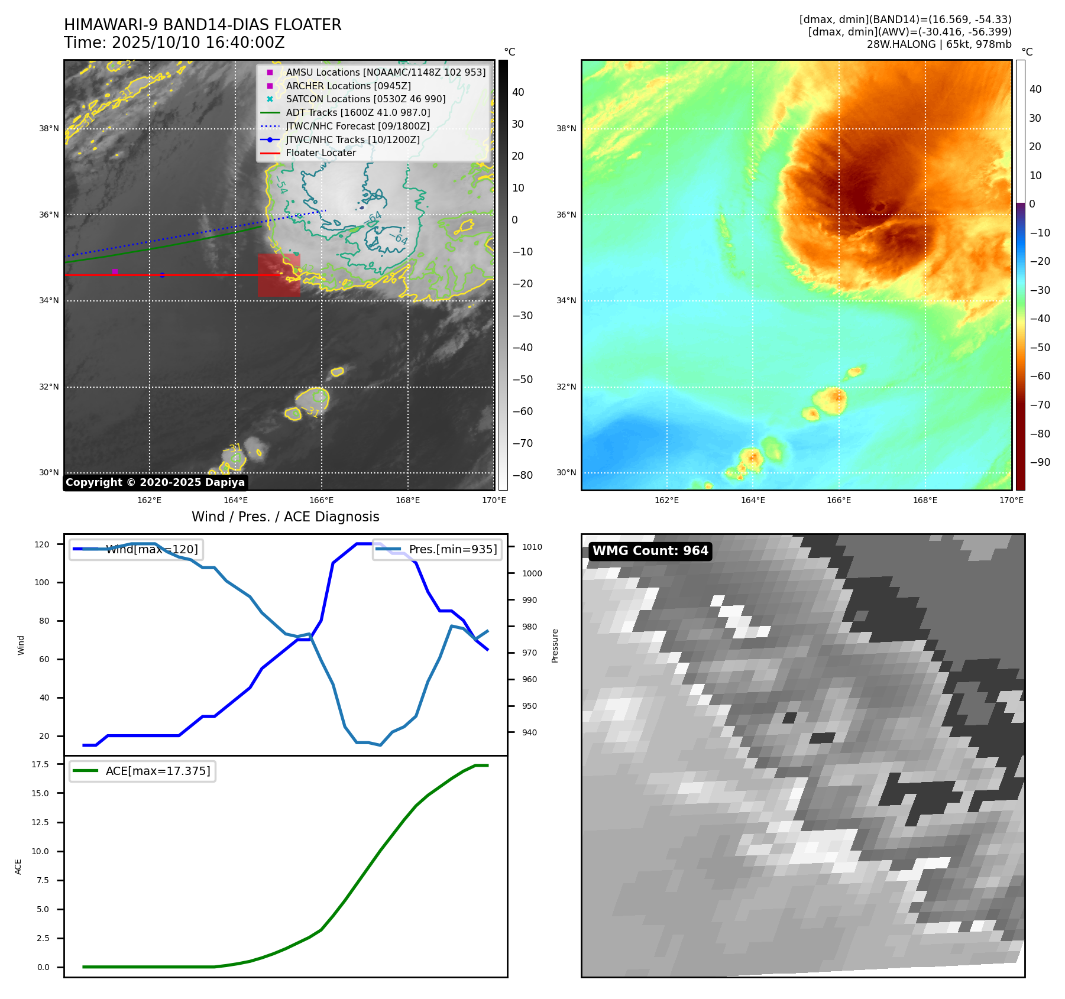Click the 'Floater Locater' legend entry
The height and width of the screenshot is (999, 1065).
click(x=321, y=153)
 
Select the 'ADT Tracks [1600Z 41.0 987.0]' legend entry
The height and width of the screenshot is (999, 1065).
click(x=358, y=112)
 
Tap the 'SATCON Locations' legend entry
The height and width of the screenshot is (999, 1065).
click(x=365, y=99)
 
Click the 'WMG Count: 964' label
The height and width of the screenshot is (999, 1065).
click(x=650, y=551)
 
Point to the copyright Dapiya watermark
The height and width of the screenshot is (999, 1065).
click(x=155, y=482)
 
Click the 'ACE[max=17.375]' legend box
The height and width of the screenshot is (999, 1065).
click(x=143, y=771)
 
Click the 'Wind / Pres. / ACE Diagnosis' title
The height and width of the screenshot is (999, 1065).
click(x=285, y=517)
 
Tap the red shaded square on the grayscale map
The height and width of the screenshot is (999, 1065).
click(x=279, y=275)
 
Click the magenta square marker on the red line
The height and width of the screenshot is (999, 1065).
click(x=115, y=272)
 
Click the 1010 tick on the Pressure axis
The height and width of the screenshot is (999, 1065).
click(x=532, y=547)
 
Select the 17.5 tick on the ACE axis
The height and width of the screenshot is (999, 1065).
click(x=40, y=764)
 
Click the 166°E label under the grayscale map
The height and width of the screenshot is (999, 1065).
click(x=321, y=500)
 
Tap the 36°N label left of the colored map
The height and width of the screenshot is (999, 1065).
click(x=566, y=215)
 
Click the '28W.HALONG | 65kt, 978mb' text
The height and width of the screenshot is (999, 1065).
click(x=938, y=44)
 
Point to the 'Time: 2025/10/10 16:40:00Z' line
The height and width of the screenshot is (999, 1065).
click(x=174, y=43)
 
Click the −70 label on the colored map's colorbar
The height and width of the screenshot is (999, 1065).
click(x=1040, y=405)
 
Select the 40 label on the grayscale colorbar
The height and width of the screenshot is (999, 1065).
click(x=518, y=92)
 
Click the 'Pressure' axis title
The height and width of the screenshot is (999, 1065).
click(x=555, y=646)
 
